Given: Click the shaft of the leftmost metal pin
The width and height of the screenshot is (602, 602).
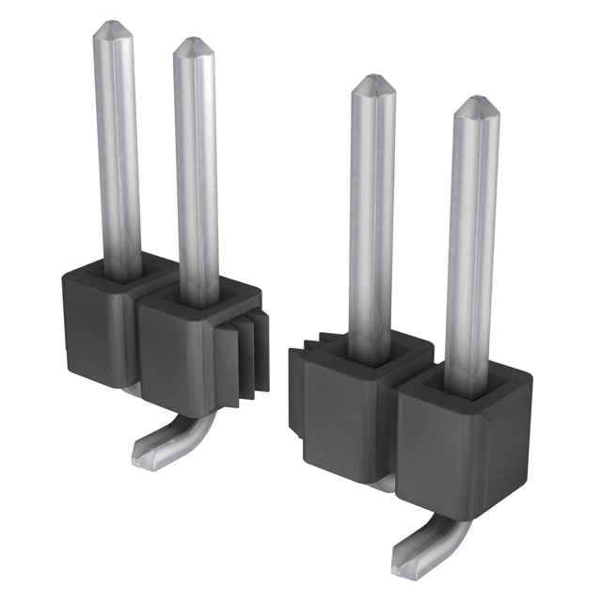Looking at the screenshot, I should (119, 150).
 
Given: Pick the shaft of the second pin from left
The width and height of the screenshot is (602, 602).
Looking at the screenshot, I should (197, 169).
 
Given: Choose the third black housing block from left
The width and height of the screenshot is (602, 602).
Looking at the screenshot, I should (343, 414).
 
